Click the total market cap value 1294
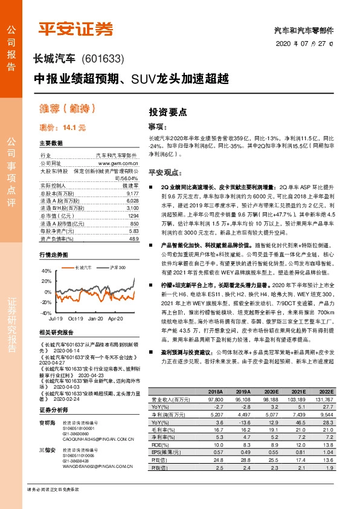133,215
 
